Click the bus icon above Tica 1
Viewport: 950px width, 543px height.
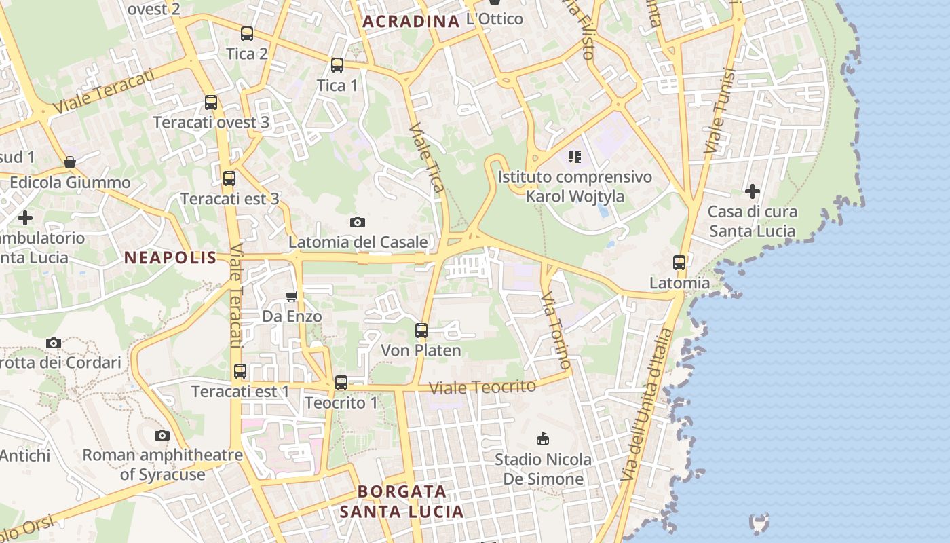pos(337,65)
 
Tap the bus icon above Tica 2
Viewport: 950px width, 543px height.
pos(247,34)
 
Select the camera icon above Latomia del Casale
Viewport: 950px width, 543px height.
pos(358,222)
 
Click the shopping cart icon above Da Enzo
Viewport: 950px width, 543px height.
pos(292,296)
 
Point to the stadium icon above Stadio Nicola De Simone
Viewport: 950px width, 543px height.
pos(542,439)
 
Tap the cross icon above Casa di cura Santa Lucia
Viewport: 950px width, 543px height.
pos(752,191)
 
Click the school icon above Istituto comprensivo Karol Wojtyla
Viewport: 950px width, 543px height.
pos(575,157)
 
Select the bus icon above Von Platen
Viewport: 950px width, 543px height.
pos(421,331)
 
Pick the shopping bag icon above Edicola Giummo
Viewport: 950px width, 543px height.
pos(70,162)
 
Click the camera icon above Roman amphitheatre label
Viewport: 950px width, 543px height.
pos(161,435)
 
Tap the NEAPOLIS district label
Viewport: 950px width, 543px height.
pos(170,258)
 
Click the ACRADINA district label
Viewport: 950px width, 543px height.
pos(411,22)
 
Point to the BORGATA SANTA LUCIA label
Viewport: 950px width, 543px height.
pos(402,502)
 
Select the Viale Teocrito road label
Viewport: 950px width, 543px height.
pos(483,387)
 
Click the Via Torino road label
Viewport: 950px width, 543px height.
pos(556,331)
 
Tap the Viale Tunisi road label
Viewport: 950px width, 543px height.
pos(720,112)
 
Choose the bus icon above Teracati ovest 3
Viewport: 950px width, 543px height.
pos(211,102)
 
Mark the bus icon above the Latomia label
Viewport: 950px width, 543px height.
pos(679,263)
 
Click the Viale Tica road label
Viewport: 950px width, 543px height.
pos(427,157)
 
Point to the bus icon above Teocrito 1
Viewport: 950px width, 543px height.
pos(341,383)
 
